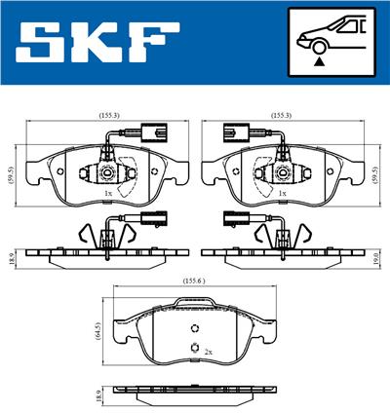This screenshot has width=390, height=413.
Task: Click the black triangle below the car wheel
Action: (318, 60)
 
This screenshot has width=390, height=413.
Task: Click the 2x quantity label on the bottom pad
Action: (206, 350)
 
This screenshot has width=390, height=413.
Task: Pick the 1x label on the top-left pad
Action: (107, 194)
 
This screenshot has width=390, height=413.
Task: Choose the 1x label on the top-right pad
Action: (282, 194)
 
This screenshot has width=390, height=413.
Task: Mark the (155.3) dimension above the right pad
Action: (283, 114)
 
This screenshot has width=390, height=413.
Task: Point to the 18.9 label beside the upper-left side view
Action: (9, 257)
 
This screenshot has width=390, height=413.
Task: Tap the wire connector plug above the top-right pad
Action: (236, 129)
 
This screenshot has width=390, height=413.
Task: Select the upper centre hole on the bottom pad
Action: (195, 327)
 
